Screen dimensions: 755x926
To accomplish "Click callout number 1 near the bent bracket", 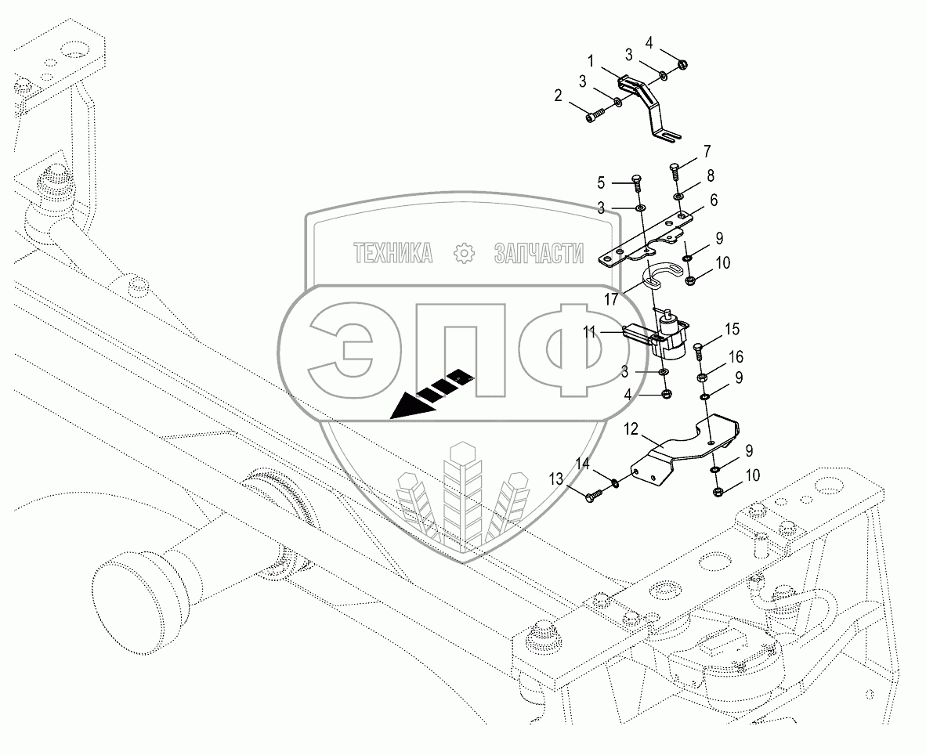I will pyautogui.click(x=591, y=60).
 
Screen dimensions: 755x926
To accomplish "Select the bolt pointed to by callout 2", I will pyautogui.click(x=595, y=117).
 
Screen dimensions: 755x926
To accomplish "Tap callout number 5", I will pyautogui.click(x=602, y=183).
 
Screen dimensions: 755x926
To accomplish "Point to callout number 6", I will pyautogui.click(x=714, y=200).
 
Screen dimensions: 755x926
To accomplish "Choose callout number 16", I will pyautogui.click(x=736, y=356).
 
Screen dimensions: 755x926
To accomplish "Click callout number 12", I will pyautogui.click(x=633, y=429).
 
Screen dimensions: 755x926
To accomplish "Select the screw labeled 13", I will pyautogui.click(x=594, y=494).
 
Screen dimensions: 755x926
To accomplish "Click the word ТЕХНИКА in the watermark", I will pyautogui.click(x=393, y=252).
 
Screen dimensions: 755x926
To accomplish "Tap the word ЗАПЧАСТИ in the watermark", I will pyautogui.click(x=539, y=252).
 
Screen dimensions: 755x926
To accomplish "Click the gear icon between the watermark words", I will pyautogui.click(x=465, y=252).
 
